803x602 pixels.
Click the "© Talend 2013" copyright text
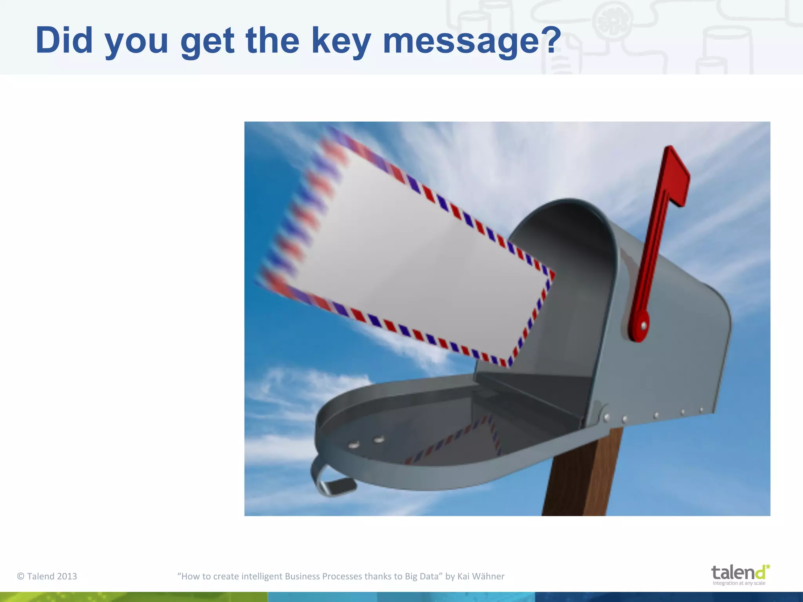tap(47, 576)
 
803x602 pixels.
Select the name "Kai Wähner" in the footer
tap(481, 576)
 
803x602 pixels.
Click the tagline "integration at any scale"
tap(739, 583)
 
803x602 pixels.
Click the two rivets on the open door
tap(366, 442)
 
